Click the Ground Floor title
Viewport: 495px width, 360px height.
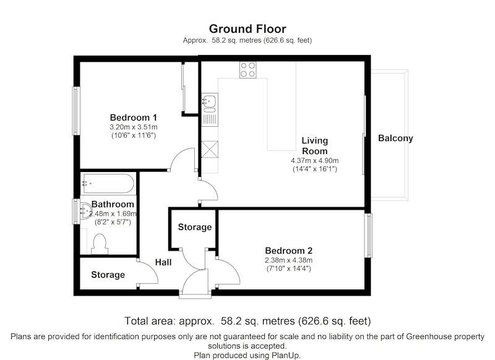[247, 28]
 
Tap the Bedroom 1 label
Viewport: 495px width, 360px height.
[133, 118]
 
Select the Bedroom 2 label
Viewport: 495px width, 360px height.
[288, 251]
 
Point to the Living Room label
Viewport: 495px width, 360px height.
[315, 146]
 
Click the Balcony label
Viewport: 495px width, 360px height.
[395, 139]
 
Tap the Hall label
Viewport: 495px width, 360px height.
[163, 262]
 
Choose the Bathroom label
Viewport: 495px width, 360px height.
[113, 205]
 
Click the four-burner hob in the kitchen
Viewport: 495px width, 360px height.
[248, 70]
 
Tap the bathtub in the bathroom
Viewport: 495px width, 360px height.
[108, 183]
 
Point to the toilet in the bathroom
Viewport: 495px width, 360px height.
[100, 244]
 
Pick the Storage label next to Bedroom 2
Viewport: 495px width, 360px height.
[195, 227]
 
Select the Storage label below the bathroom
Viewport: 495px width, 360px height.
[108, 275]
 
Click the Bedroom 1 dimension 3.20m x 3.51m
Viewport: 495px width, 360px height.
[134, 127]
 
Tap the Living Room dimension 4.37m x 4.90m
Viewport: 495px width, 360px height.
[315, 161]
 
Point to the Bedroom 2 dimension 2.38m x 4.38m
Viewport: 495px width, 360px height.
[288, 260]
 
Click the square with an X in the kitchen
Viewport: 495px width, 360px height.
[210, 149]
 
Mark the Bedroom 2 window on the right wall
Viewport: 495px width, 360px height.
[368, 236]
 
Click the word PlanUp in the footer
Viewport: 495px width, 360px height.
[286, 355]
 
